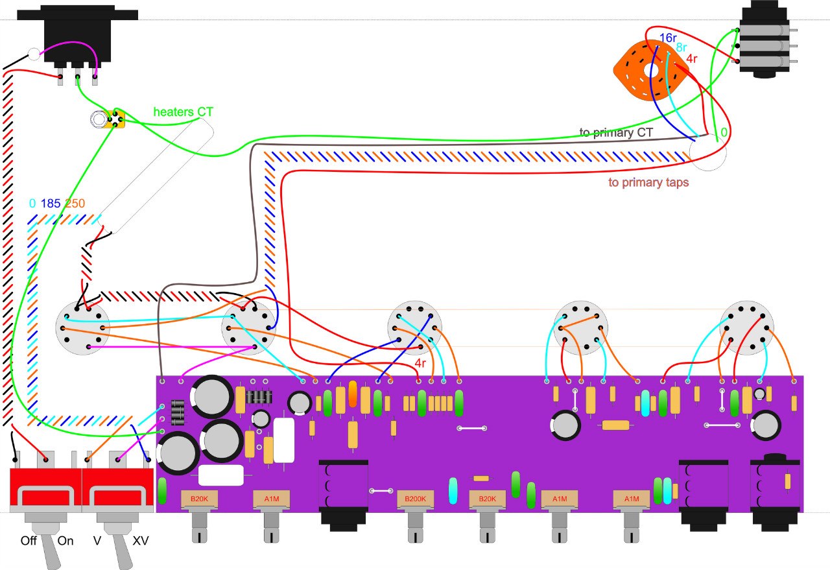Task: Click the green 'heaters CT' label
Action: (183, 112)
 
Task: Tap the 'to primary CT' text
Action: (615, 133)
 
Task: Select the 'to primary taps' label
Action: (648, 182)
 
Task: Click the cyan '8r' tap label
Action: (682, 48)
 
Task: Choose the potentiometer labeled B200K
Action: (415, 499)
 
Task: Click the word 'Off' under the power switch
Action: (29, 541)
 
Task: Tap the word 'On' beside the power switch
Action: (66, 541)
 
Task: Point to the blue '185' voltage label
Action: (51, 204)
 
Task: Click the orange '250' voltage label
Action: (75, 204)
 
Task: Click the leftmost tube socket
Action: (82, 328)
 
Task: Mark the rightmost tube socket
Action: (747, 327)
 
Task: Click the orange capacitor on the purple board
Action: (353, 394)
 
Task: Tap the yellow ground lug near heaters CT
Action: (117, 119)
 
